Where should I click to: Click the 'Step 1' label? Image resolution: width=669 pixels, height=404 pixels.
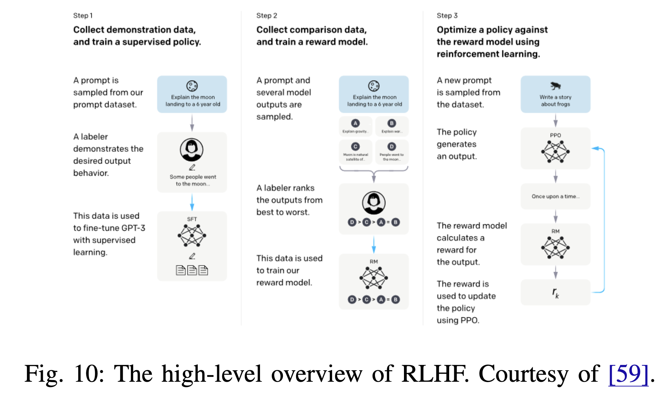tap(83, 16)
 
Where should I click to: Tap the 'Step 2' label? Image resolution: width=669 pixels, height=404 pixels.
tap(266, 16)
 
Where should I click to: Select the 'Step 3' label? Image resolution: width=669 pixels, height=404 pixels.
tap(447, 16)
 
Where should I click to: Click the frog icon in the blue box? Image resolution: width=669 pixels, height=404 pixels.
tap(555, 86)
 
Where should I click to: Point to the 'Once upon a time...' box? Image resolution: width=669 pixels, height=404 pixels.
tap(555, 196)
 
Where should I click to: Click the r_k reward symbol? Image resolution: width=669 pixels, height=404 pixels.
tap(555, 292)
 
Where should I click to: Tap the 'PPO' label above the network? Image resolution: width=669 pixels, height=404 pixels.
tap(555, 135)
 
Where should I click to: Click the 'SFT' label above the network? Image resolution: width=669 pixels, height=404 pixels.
tap(192, 219)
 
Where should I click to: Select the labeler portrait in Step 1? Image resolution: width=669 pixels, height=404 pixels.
tap(192, 150)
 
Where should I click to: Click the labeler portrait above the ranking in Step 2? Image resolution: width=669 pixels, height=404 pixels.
tap(374, 203)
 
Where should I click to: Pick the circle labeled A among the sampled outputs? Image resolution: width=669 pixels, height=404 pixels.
tap(355, 123)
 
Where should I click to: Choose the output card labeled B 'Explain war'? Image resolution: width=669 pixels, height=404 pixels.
tap(391, 126)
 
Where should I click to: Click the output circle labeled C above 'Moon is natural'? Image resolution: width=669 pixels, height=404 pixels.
tap(355, 147)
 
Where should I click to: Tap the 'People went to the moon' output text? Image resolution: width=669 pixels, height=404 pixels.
tap(391, 157)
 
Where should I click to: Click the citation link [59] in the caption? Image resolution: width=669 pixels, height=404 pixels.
tap(628, 374)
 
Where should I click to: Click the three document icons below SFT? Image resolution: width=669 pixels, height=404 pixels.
tap(192, 270)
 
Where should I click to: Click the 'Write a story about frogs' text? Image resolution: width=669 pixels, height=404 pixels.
tap(555, 100)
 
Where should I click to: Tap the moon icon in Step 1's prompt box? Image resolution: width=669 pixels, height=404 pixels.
tap(192, 86)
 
